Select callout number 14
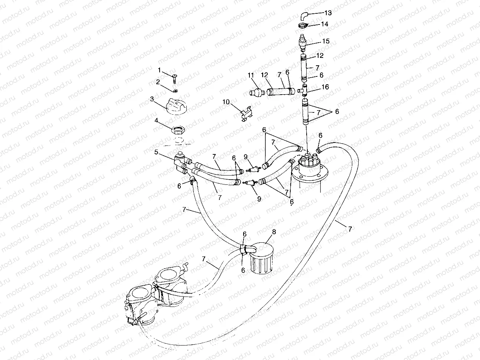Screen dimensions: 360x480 [324, 24]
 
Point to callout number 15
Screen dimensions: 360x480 [326, 41]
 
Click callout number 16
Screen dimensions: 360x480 [325, 88]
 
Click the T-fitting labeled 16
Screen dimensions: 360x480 [304, 89]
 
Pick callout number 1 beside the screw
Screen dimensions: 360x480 [159, 70]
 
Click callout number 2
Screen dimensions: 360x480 [158, 82]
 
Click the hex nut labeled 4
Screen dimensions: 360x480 [178, 130]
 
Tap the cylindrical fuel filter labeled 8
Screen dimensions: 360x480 [260, 256]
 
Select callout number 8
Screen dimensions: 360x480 [274, 232]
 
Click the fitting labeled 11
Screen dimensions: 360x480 [255, 92]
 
